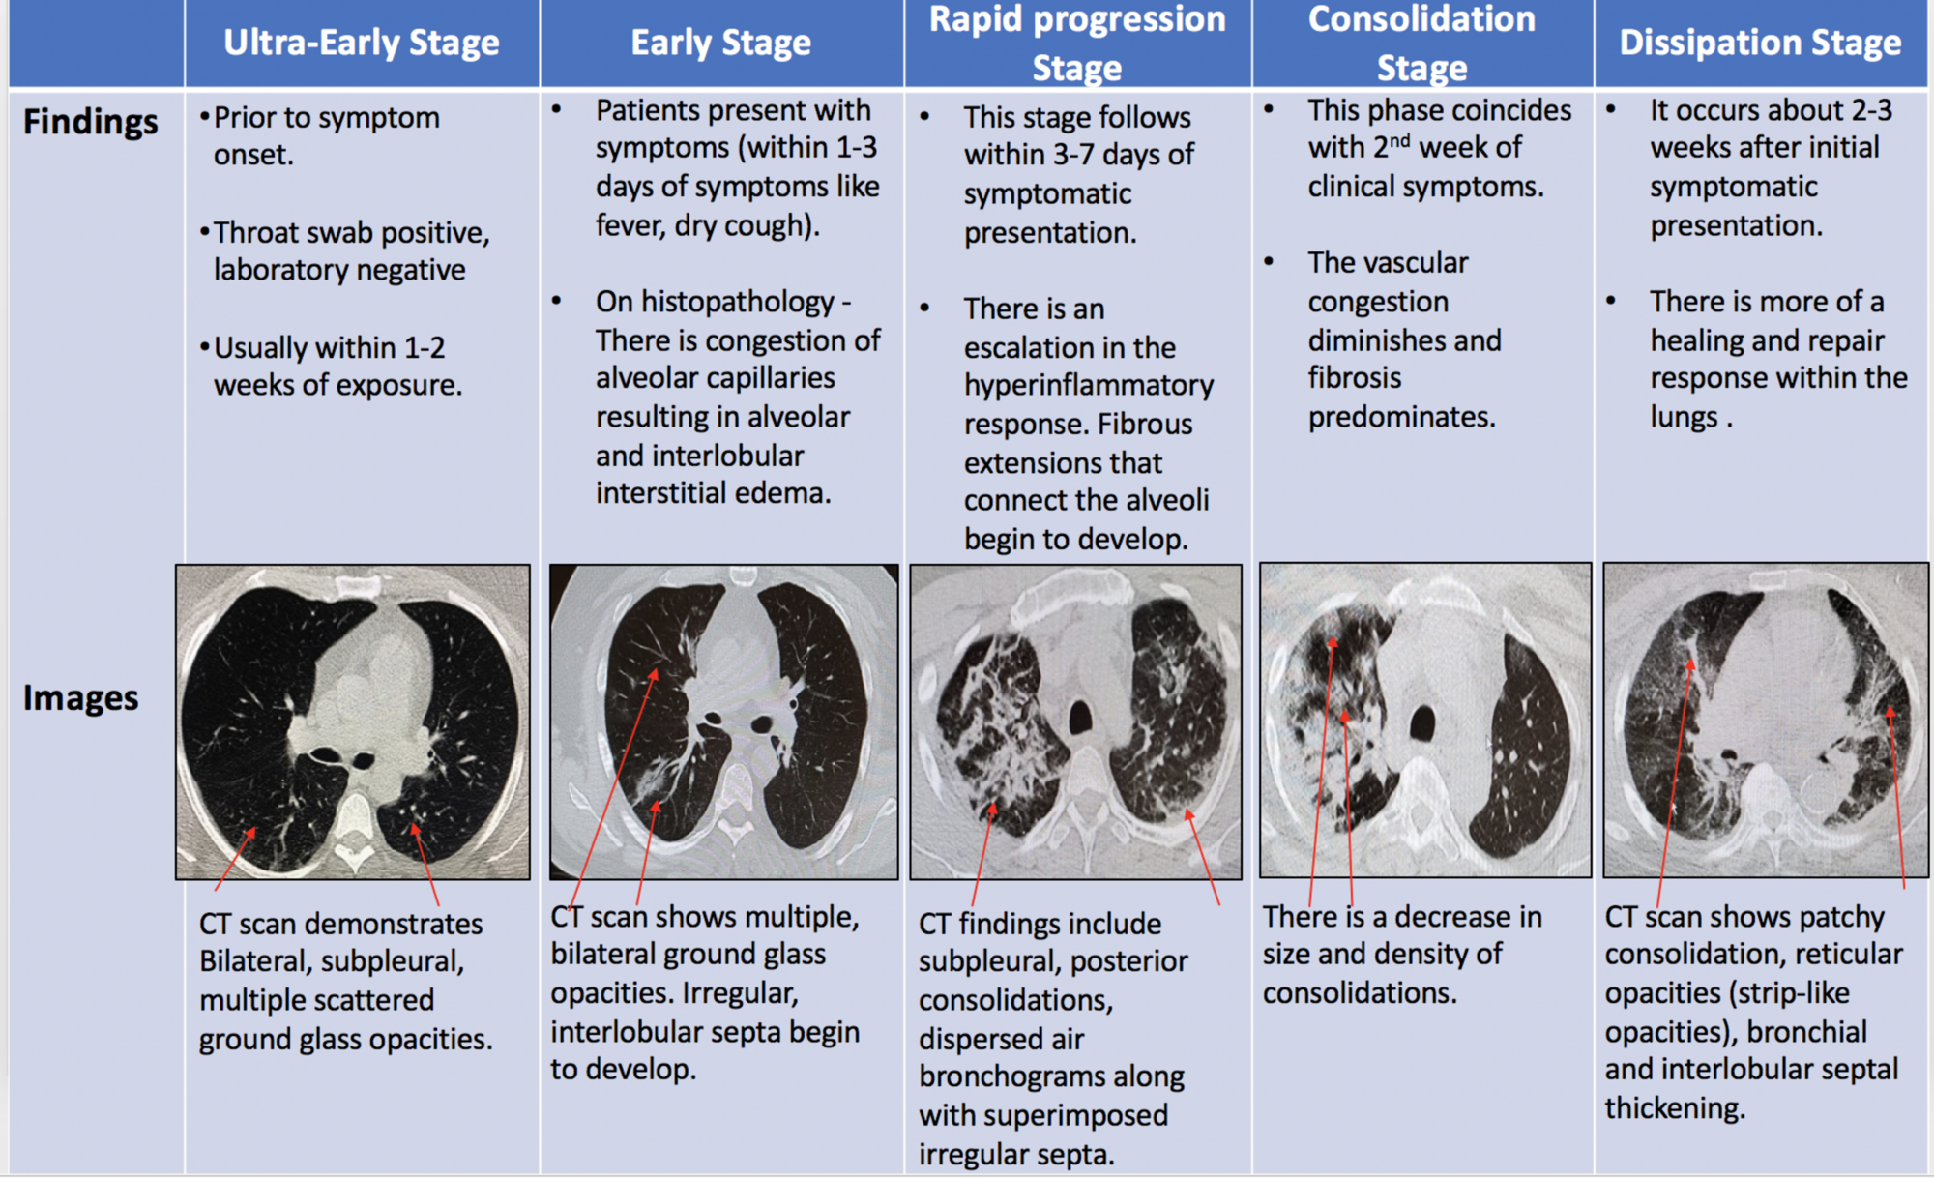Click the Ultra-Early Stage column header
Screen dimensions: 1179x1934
click(x=361, y=43)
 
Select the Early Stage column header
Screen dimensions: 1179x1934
click(x=720, y=43)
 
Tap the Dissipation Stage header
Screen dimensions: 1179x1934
click(x=1760, y=43)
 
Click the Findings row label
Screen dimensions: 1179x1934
click(x=90, y=122)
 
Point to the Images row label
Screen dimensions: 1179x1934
click(x=80, y=698)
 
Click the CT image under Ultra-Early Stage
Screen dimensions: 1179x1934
click(x=353, y=722)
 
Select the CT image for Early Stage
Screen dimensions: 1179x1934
click(x=723, y=722)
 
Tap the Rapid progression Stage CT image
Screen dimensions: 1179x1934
click(x=1075, y=722)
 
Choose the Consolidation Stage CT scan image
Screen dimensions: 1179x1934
click(x=1424, y=721)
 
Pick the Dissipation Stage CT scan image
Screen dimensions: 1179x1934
click(x=1765, y=721)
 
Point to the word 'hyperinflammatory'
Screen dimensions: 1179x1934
click(x=1088, y=386)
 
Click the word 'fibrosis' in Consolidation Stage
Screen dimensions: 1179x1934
click(x=1354, y=378)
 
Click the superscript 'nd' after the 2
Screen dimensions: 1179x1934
click(x=1399, y=141)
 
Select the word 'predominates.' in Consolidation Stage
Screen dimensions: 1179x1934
click(x=1401, y=418)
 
